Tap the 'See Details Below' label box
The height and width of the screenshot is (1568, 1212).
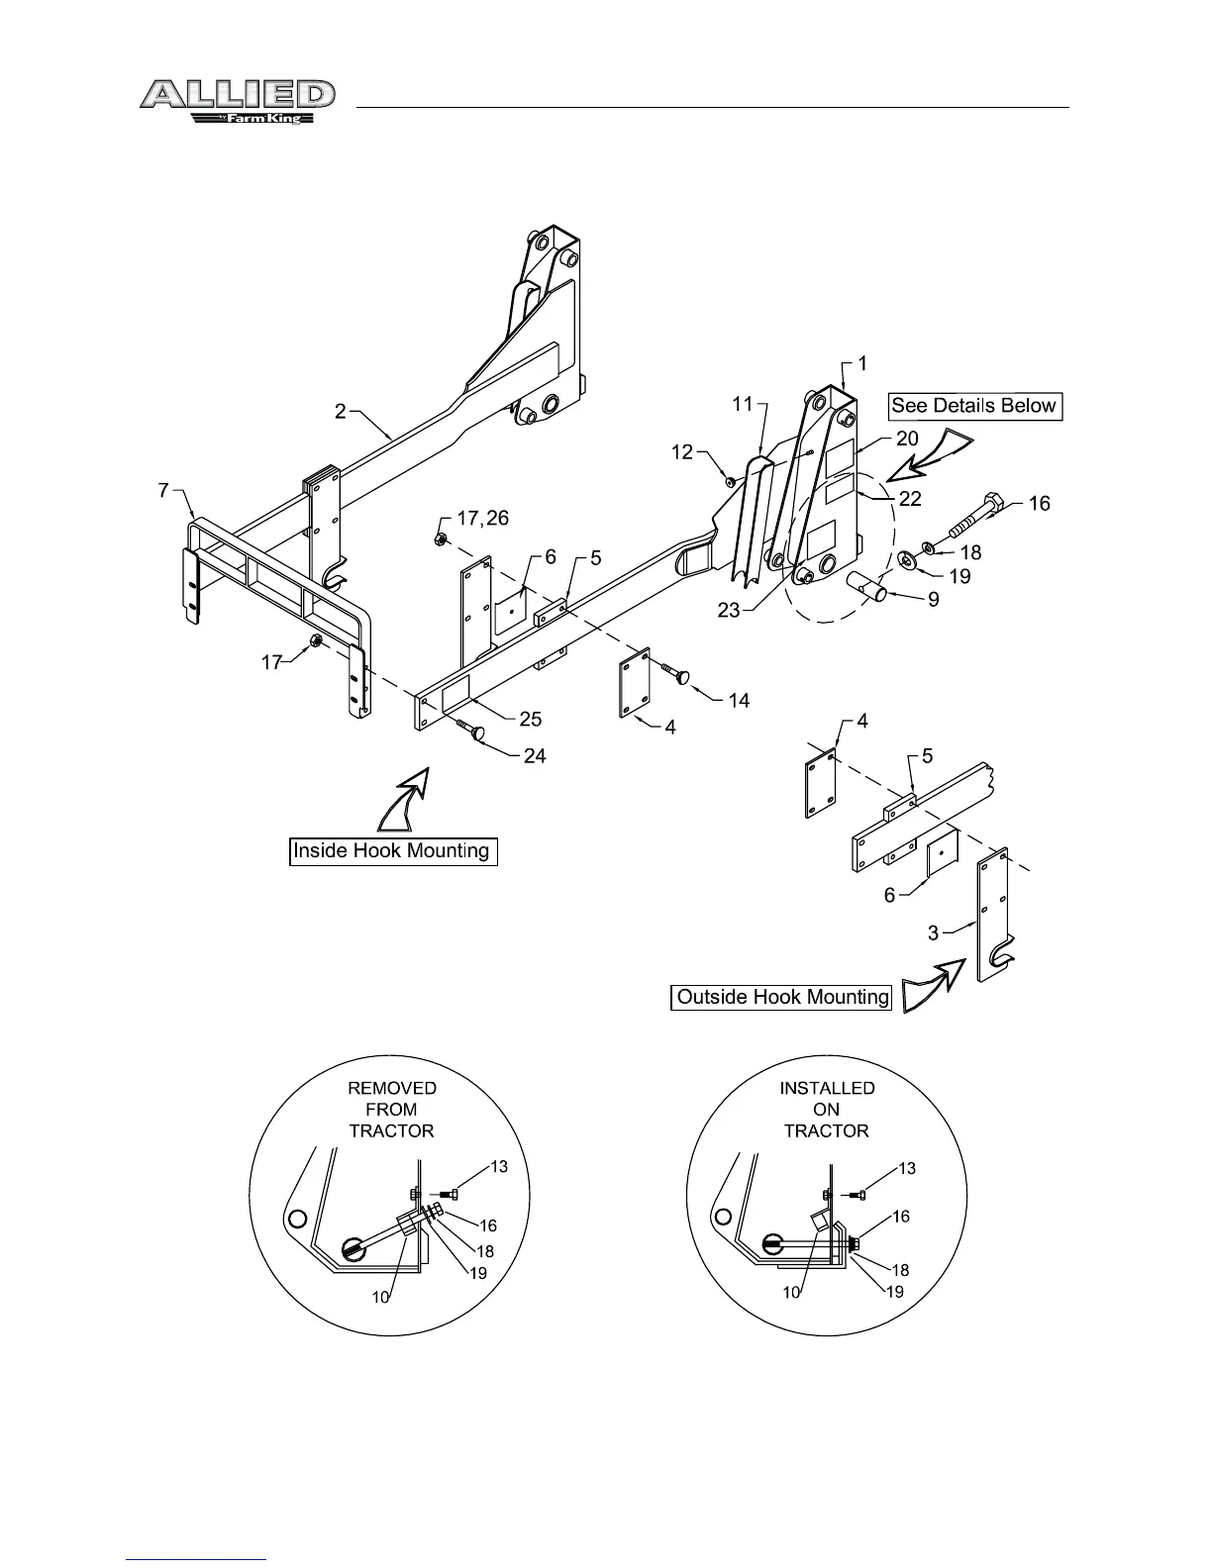pos(973,406)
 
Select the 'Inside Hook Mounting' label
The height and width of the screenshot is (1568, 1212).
pos(392,851)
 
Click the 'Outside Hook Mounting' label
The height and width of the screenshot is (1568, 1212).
pos(782,997)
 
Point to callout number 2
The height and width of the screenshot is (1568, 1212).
pos(341,411)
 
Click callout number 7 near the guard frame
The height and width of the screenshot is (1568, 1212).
pos(163,491)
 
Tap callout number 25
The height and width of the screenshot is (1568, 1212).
pos(533,720)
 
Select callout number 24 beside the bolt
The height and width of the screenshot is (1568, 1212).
pos(534,756)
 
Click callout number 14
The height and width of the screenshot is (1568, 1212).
pos(739,701)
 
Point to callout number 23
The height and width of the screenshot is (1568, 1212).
pos(729,611)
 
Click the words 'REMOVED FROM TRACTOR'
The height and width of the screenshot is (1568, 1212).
pos(392,1110)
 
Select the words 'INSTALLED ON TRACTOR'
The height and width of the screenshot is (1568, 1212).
pos(827,1110)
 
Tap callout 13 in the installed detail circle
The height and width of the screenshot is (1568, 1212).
pos(907,1169)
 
